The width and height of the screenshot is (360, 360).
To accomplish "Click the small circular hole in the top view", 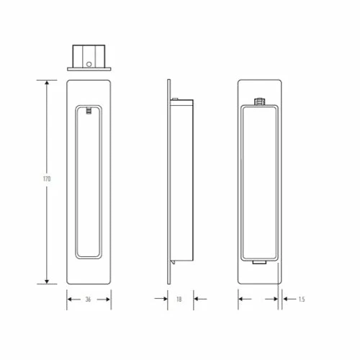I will coord(89,63).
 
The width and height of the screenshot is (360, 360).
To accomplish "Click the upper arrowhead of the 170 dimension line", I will coord(48,84).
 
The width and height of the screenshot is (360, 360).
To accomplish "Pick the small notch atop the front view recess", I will coord(89,111).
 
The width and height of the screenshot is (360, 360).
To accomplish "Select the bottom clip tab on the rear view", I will coord(258,264).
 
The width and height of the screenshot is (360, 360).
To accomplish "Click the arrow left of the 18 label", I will coord(161,299).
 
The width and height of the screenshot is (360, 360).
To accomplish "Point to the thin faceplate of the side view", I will coord(169,180).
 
